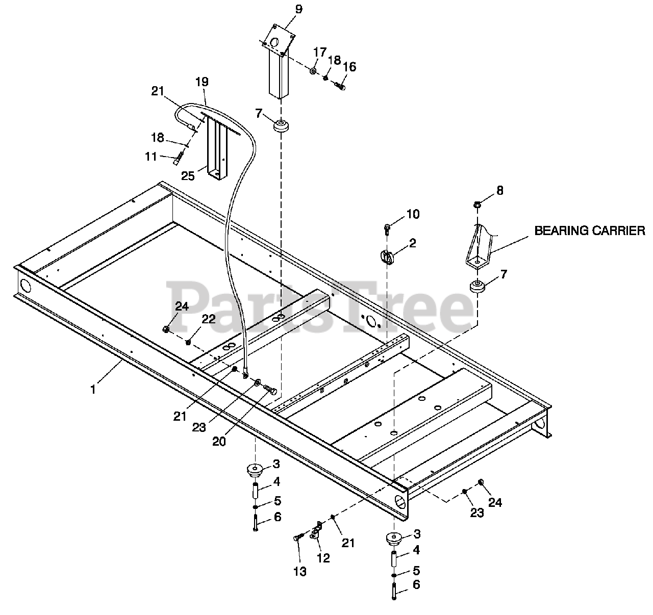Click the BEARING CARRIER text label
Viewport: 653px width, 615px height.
click(589, 230)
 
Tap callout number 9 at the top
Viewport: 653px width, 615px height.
click(298, 9)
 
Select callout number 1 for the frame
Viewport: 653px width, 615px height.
click(93, 389)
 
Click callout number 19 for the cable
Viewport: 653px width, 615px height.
click(202, 81)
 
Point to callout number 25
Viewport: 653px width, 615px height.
click(188, 176)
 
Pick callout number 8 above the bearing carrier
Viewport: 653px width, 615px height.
click(499, 191)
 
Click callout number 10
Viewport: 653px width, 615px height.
click(413, 214)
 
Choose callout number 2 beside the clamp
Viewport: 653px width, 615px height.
click(412, 243)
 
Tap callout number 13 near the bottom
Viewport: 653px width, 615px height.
click(300, 572)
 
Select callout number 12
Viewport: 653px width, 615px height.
click(323, 558)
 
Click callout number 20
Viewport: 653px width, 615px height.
click(219, 442)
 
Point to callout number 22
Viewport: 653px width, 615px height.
click(208, 319)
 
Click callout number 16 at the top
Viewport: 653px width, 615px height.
click(349, 67)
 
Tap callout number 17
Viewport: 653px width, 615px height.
click(319, 52)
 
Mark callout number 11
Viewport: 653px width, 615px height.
click(150, 157)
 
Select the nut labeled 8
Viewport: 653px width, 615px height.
click(478, 205)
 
